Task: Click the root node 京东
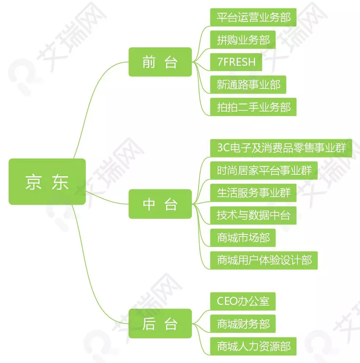[x=47, y=181]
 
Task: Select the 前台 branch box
[x=160, y=62]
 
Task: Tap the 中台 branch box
[x=160, y=204]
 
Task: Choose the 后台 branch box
[x=160, y=324]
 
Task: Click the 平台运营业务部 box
[x=253, y=17]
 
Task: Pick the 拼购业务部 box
[x=243, y=40]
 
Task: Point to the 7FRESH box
[x=236, y=62]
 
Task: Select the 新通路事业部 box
[x=248, y=85]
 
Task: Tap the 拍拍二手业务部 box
[x=253, y=107]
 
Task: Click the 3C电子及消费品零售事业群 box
[x=281, y=148]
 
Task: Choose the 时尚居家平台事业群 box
[x=264, y=170]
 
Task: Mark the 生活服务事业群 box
[x=253, y=193]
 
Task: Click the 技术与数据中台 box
[x=253, y=215]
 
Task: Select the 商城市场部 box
[x=243, y=238]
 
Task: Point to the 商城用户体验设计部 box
[x=264, y=260]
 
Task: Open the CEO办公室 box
[x=243, y=301]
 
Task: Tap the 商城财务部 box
[x=243, y=324]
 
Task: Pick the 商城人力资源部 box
[x=253, y=346]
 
